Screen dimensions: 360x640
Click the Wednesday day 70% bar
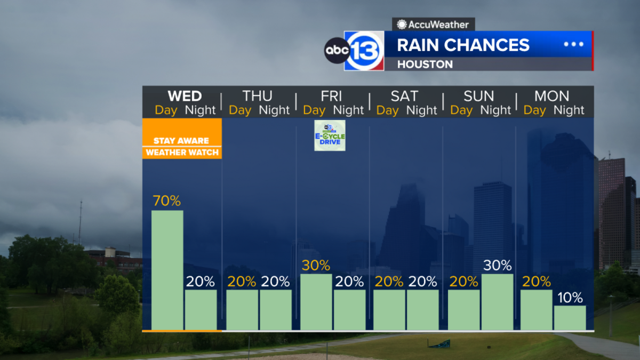[x=167, y=270]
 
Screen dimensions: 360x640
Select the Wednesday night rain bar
[x=201, y=309]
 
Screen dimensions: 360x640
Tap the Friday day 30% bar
[x=316, y=302]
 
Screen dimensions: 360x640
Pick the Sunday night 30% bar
[x=498, y=302]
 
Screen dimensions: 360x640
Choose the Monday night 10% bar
[x=570, y=317]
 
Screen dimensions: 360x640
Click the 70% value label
[x=167, y=202]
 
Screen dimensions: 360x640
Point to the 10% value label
[x=570, y=298]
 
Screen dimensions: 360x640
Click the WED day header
[x=185, y=97]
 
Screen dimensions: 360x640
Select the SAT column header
[x=405, y=97]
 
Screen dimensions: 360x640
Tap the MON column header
[x=551, y=97]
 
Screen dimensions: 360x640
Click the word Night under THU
[x=274, y=110]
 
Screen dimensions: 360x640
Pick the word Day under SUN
[x=461, y=110]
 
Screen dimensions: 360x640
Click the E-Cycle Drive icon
[x=330, y=135]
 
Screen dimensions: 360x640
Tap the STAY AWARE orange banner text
[x=181, y=141]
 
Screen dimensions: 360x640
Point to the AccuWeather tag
[x=433, y=25]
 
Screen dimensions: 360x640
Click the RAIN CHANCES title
[x=463, y=45]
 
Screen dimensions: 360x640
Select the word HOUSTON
[x=425, y=65]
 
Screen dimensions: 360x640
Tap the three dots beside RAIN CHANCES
[x=574, y=44]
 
